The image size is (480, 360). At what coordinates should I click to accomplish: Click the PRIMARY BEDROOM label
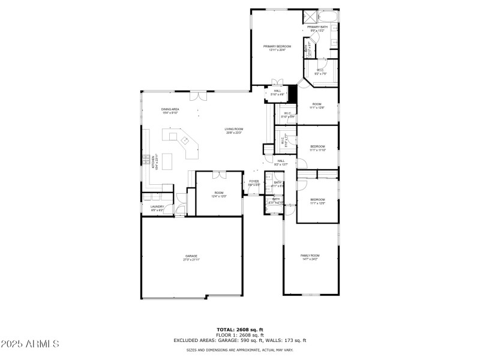pos(277,46)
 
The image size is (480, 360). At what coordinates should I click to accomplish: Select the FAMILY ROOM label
pos(310,256)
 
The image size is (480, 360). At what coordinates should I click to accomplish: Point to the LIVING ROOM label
pos(234,129)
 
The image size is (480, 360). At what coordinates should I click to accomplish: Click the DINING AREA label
pos(170,109)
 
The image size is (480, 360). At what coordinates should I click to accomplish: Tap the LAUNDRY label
pos(157,206)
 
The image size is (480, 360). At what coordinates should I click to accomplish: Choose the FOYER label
pos(254,181)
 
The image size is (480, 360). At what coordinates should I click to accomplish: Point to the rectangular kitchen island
pos(167,161)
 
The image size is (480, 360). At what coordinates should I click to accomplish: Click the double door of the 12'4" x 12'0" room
pos(218,175)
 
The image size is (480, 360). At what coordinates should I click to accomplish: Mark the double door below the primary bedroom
pos(277,83)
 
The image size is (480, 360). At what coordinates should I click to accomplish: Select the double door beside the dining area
pos(196,96)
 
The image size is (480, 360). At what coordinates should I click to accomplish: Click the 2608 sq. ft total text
pos(239,330)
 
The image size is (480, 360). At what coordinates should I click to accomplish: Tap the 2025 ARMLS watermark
pos(31,344)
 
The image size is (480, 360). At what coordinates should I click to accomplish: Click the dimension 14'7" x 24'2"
pos(310,259)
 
